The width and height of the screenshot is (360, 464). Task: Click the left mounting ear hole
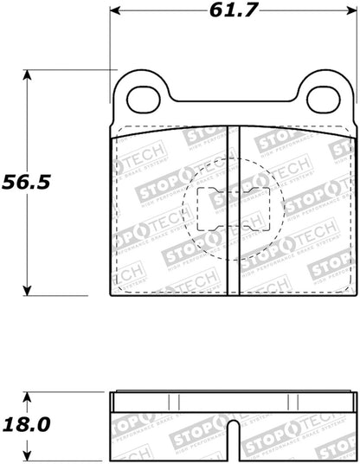[x=142, y=98]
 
